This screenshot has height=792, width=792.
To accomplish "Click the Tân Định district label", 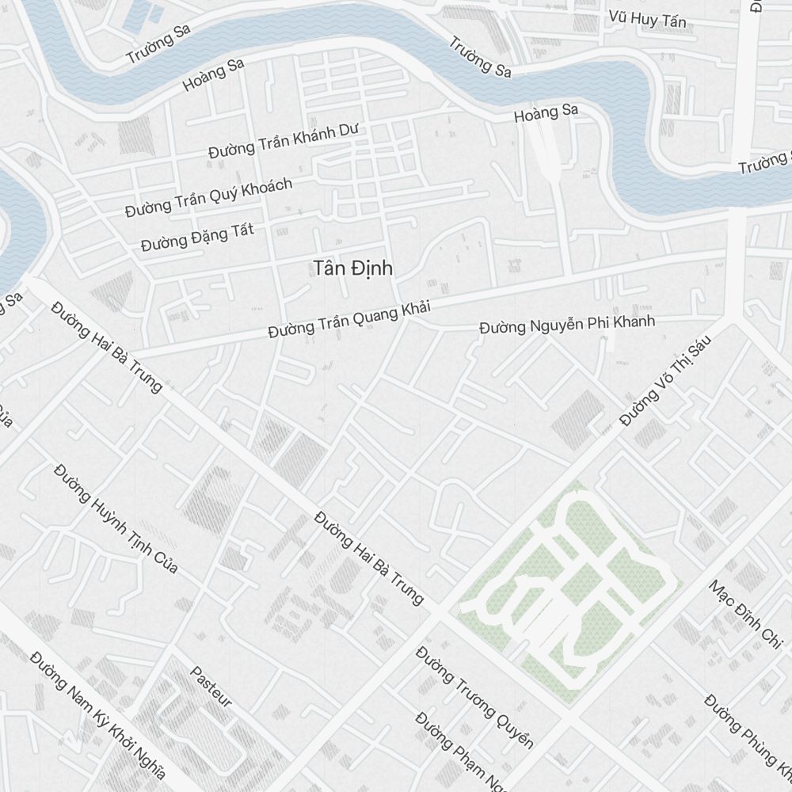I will coord(352,268).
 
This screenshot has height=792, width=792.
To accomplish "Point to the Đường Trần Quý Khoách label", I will coord(208,197).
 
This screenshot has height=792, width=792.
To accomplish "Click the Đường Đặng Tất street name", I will coord(197,236).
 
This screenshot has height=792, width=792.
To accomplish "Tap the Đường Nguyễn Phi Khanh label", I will coord(567,325).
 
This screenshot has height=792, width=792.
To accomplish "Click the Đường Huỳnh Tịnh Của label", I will coord(116,520).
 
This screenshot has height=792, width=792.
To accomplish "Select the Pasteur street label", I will coord(211,686).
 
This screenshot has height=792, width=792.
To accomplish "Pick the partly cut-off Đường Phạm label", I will coord(460,752).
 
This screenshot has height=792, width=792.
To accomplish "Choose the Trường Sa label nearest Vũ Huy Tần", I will coord(480,57).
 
